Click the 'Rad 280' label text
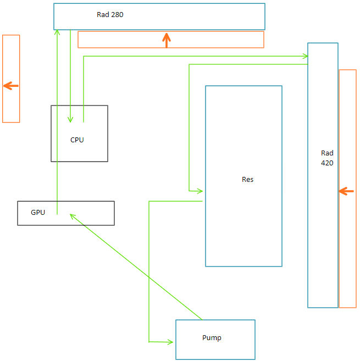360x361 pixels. coord(110,15)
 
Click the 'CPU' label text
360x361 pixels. coord(77,140)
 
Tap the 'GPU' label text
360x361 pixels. coord(38,212)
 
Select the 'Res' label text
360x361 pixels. coord(247,179)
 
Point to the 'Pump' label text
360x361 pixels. coord(212,337)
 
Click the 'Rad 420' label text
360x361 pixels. coord(327,158)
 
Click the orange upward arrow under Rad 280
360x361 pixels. coord(167,39)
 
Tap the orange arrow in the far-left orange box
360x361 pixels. coord(10,86)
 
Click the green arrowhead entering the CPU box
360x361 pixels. coord(70,119)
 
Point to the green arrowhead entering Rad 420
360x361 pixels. coord(304,56)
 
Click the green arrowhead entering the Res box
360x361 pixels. coord(200,191)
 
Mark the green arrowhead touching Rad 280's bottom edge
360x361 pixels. coord(57,32)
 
